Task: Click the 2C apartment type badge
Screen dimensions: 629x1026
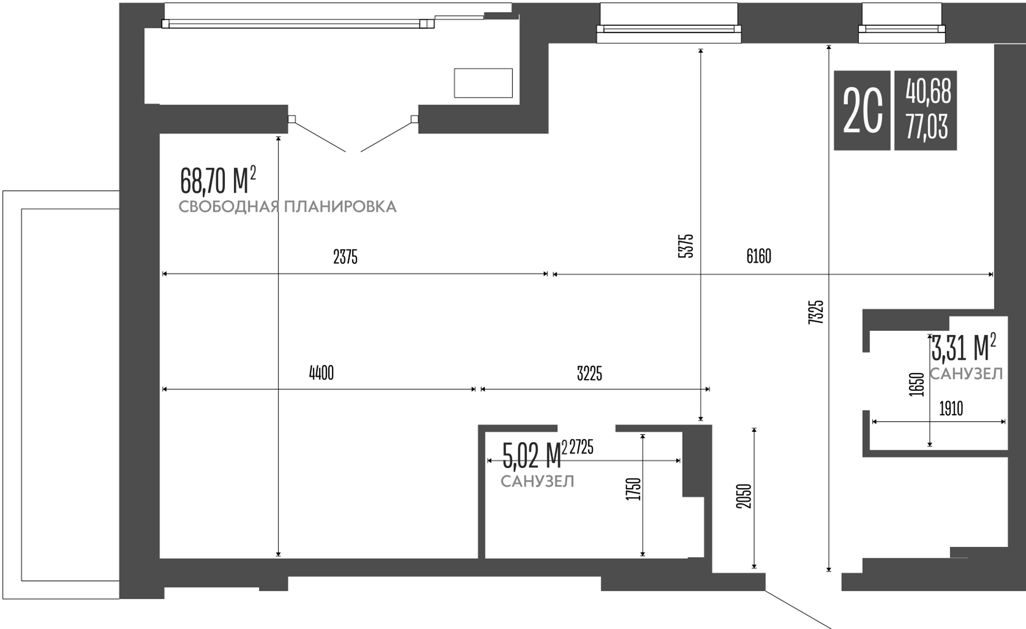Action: point(862,110)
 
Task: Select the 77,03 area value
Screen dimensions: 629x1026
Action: point(926,126)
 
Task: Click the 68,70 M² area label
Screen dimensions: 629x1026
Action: point(217,180)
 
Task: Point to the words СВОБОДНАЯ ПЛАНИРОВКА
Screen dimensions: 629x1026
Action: point(287,207)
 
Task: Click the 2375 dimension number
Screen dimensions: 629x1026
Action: point(345,257)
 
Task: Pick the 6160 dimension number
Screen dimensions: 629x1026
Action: point(758,256)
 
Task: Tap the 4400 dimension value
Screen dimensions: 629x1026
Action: point(321,374)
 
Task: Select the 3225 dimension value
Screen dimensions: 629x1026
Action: point(589,374)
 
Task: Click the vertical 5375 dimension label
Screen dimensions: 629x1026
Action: point(685,246)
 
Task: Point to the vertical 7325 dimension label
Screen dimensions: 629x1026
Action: point(816,313)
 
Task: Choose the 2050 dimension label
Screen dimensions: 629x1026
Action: point(744,496)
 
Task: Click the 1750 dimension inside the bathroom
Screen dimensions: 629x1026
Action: point(633,489)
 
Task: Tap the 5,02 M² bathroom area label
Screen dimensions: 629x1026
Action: point(534,455)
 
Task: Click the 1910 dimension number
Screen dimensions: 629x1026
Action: point(951,409)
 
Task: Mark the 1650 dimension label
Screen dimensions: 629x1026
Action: point(917,384)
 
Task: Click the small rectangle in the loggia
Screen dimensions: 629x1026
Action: point(483,83)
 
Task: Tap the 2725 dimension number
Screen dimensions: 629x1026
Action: point(581,447)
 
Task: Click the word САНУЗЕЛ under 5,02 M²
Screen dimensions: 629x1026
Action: point(537,482)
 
